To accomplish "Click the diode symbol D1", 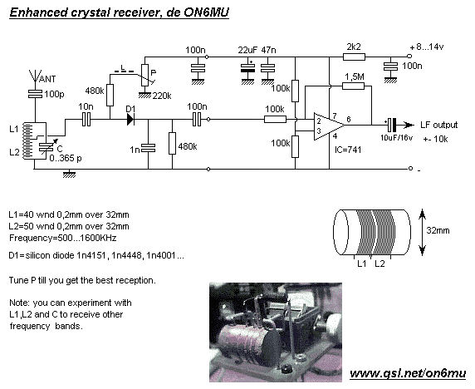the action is click(x=131, y=119).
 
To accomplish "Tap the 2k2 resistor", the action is click(x=354, y=57).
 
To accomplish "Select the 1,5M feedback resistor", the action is click(x=353, y=86).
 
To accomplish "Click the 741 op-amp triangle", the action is click(x=329, y=126).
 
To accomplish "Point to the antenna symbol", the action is click(x=35, y=76).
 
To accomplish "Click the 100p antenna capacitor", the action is click(x=35, y=94).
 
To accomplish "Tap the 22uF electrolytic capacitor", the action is click(x=247, y=68).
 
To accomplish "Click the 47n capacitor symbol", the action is click(x=267, y=68).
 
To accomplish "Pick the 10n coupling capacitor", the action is click(x=86, y=119).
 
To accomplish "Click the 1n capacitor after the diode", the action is click(x=148, y=148).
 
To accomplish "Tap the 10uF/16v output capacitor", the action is click(x=392, y=125).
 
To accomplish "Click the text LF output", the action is click(x=439, y=125).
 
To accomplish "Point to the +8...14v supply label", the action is click(x=427, y=47).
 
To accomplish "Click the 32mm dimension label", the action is click(x=438, y=230).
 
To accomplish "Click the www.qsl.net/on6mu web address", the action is click(x=408, y=373).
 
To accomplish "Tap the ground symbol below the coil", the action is click(x=70, y=175).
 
